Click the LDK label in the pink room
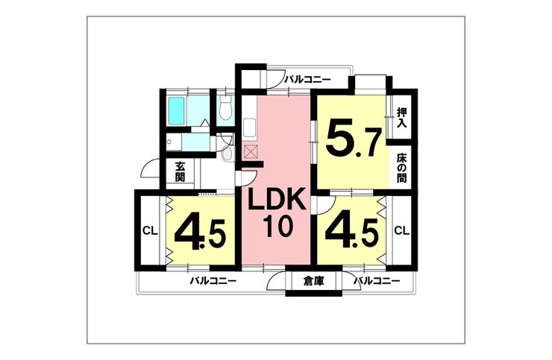pyautogui.click(x=277, y=200)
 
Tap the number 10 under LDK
pyautogui.click(x=276, y=226)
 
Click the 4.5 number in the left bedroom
pyautogui.click(x=198, y=233)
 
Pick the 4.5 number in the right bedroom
pyautogui.click(x=351, y=233)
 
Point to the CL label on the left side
pyautogui.click(x=149, y=231)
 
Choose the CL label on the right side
pyautogui.click(x=401, y=231)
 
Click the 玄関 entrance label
pyautogui.click(x=181, y=173)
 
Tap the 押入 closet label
pyautogui.click(x=402, y=118)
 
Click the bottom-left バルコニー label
pyautogui.click(x=213, y=281)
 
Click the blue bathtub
pyautogui.click(x=178, y=111)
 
